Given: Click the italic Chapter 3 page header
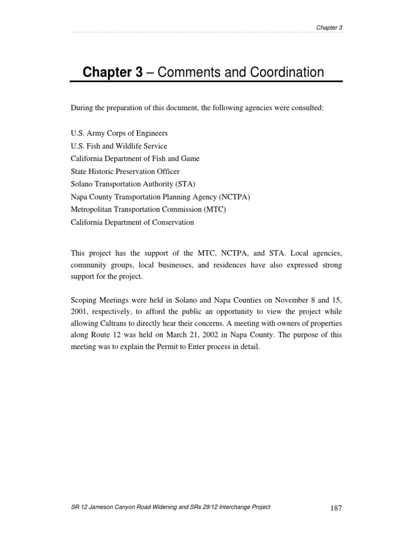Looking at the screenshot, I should (x=329, y=28).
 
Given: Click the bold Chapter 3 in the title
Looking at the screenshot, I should (x=112, y=72).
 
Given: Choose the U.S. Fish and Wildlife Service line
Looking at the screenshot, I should (x=119, y=146).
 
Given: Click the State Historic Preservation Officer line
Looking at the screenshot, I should (x=125, y=171).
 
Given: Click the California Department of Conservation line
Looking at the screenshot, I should (x=132, y=222).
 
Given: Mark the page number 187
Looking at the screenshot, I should (x=336, y=508).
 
